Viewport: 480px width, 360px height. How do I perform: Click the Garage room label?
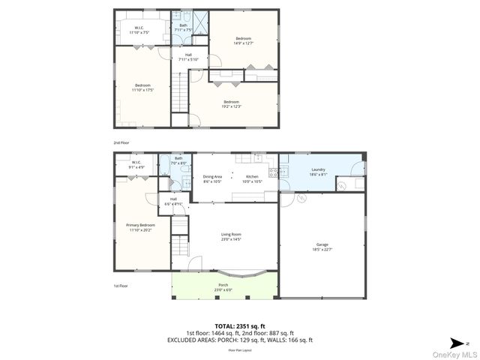point(322,246)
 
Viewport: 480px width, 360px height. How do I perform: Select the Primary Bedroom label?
point(140,226)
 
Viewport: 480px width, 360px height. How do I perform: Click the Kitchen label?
point(252,178)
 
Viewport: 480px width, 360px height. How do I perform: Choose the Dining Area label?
point(212,178)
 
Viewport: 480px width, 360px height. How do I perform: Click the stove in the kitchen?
point(274,172)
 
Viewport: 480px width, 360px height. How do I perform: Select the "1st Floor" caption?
point(120,286)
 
